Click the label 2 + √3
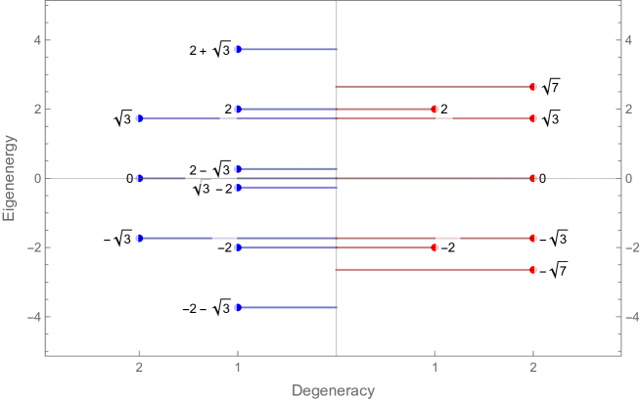[210, 49]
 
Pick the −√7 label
[552, 269]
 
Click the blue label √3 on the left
[124, 119]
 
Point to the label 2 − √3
[209, 169]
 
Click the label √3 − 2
[209, 188]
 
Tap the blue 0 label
[129, 178]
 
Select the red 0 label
[543, 178]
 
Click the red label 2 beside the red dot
[444, 109]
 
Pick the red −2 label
[446, 248]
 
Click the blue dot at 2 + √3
[238, 49]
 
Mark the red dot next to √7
[532, 87]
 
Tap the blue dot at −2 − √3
[238, 307]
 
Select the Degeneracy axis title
[333, 391]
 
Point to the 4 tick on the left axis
[35, 40]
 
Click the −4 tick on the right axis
[636, 317]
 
